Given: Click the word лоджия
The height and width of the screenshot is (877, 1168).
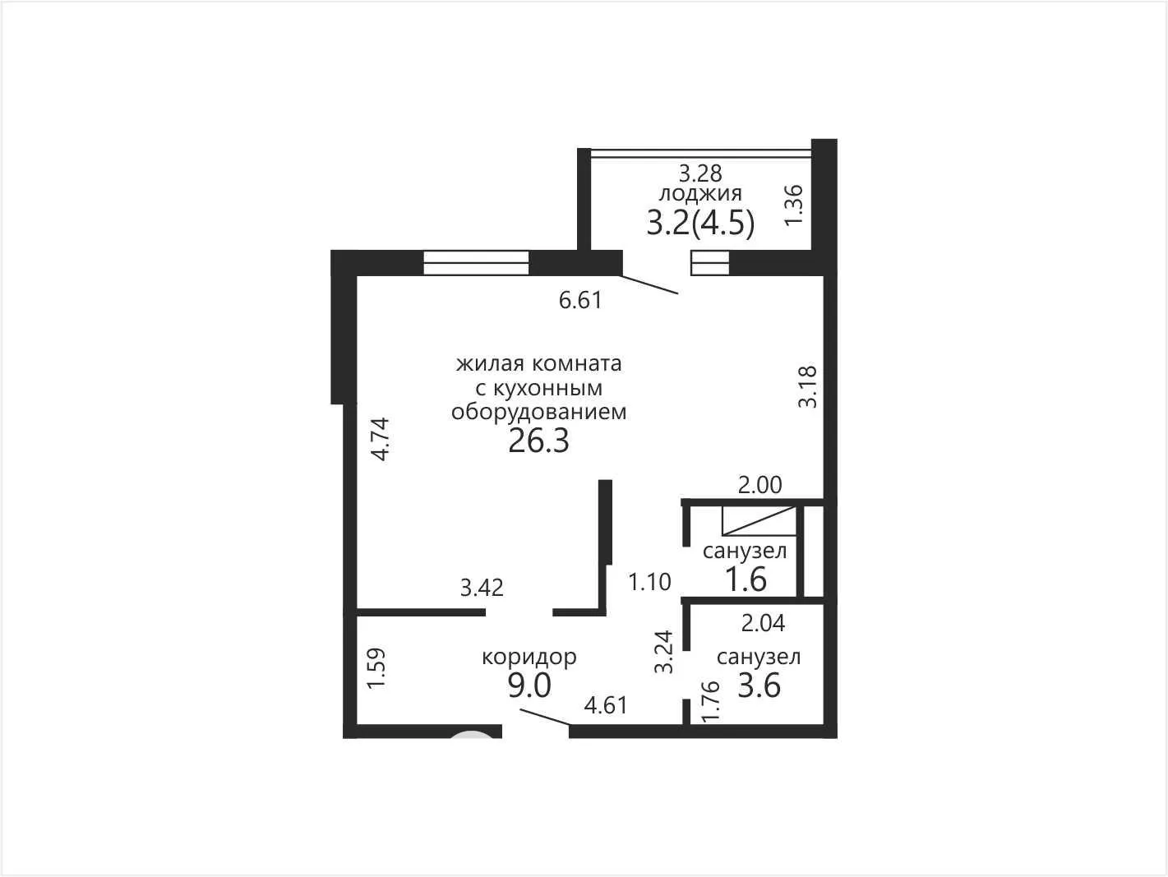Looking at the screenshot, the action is point(700,194).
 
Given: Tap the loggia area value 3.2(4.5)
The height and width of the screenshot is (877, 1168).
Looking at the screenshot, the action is point(700,224).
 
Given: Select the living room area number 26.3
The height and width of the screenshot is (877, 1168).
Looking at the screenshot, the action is point(538,441).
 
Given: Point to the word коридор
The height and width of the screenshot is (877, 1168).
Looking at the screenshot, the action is point(529,658).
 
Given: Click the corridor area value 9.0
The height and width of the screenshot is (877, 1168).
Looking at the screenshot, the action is point(529,685).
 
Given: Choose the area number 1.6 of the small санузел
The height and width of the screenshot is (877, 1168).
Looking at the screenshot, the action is point(746,579).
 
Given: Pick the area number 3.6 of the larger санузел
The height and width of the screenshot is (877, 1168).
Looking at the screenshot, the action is point(759,685).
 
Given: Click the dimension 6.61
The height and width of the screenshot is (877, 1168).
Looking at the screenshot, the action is point(580,301).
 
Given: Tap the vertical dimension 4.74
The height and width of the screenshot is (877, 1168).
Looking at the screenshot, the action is point(381,439).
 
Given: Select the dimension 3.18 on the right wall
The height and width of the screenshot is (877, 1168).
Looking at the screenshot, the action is point(807,386).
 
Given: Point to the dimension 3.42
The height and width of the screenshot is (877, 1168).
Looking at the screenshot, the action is point(482,588).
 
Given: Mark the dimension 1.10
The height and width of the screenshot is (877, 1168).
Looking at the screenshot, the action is point(649,582).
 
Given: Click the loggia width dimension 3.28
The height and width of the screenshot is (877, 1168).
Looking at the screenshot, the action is point(700,173).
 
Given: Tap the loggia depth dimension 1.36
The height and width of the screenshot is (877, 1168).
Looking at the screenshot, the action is point(793,205).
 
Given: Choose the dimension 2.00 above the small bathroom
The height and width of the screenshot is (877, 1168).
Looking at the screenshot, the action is point(760,485).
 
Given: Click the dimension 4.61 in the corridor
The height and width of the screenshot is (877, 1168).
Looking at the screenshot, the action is point(606,706).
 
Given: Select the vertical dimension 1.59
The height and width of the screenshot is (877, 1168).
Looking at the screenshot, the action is point(376,668).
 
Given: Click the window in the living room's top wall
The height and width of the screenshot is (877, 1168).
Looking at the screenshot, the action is point(476,263).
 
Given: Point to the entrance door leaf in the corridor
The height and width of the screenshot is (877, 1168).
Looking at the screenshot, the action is point(545,717).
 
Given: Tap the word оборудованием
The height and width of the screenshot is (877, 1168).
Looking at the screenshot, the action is point(538,412).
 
